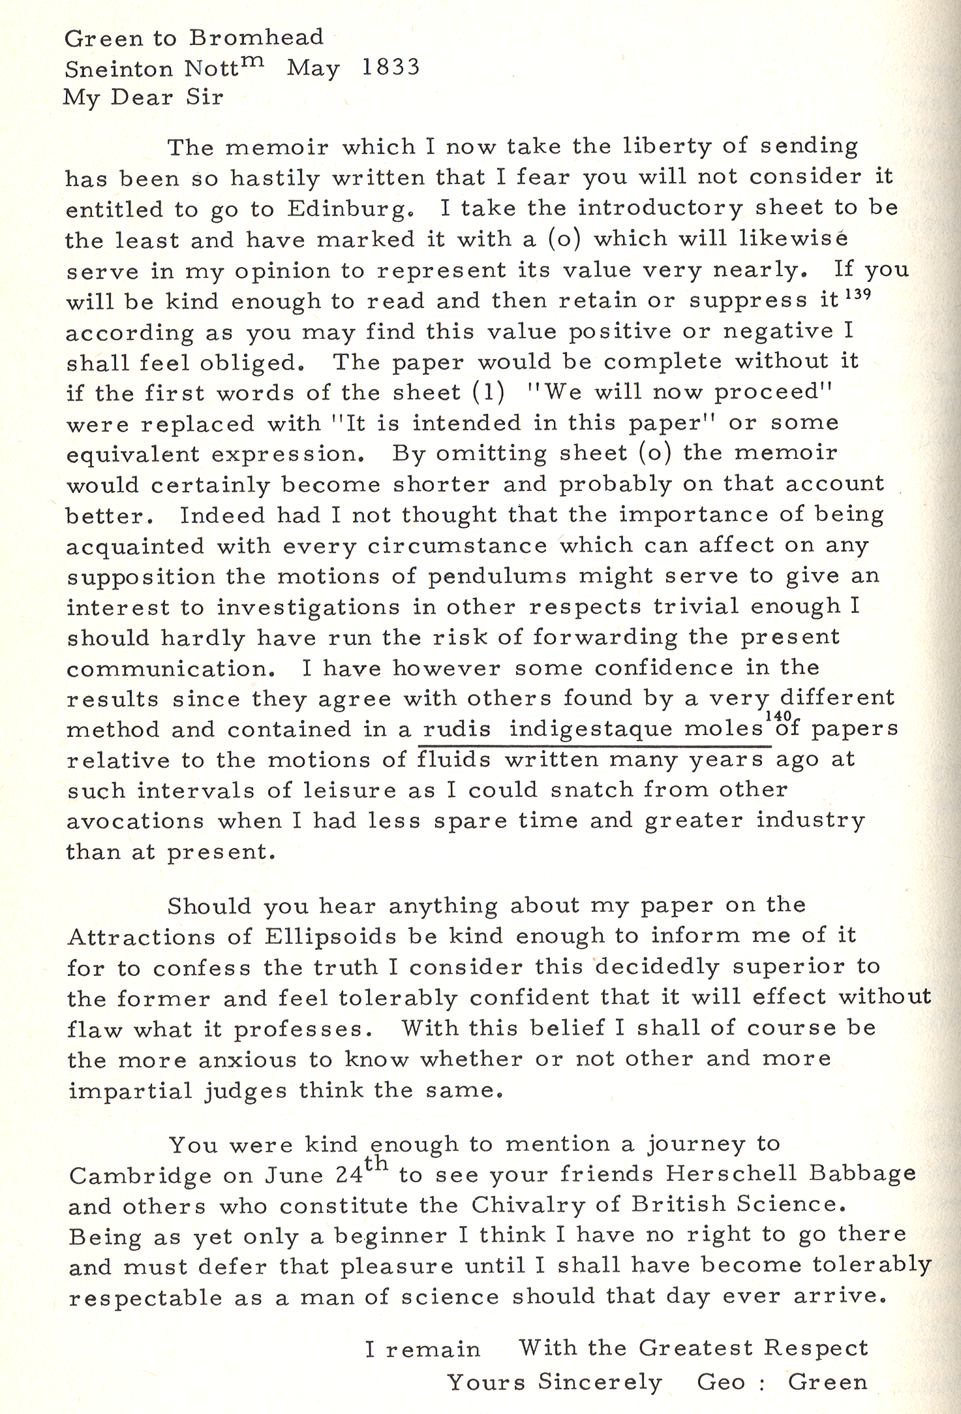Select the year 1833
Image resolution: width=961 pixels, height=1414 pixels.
(391, 67)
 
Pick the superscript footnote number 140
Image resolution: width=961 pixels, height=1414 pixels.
(778, 715)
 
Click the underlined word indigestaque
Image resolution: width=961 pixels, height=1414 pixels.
(590, 729)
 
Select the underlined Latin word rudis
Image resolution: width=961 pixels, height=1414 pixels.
(457, 729)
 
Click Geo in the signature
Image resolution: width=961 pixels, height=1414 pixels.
(721, 1382)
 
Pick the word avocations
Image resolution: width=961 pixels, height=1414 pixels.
(135, 821)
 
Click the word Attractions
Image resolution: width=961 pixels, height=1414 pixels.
(142, 937)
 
